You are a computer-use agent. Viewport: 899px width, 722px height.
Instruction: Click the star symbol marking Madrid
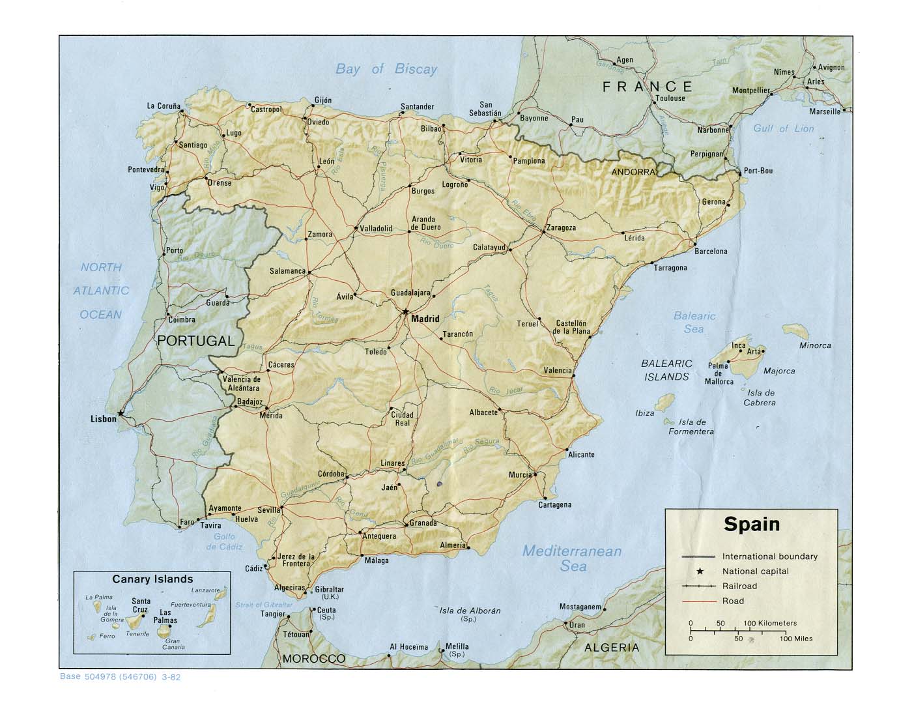(405, 311)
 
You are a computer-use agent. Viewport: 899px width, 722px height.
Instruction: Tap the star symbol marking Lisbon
(121, 412)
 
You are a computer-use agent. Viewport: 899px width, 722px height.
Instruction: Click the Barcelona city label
(710, 251)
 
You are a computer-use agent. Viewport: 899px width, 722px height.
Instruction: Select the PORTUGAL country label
(195, 340)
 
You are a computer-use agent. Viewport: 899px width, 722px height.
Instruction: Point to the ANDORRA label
(633, 172)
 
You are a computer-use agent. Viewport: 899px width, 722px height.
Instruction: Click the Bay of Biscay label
(386, 69)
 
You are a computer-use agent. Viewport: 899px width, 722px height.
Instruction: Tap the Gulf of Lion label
(783, 128)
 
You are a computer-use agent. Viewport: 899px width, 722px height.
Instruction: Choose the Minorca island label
(814, 345)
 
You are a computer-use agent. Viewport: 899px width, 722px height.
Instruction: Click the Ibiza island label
(644, 413)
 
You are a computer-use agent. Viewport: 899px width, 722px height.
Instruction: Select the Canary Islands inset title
(152, 579)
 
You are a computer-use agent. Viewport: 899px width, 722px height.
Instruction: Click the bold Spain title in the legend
(752, 525)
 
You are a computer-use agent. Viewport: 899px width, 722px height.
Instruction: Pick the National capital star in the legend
(700, 571)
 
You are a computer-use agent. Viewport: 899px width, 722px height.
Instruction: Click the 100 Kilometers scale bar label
(770, 623)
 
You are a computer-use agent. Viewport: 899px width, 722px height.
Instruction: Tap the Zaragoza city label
(562, 228)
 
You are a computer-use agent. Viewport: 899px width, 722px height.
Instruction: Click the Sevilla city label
(268, 510)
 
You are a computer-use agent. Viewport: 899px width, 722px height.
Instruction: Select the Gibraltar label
(329, 590)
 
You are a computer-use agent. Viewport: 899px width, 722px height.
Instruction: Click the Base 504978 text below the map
(120, 676)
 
